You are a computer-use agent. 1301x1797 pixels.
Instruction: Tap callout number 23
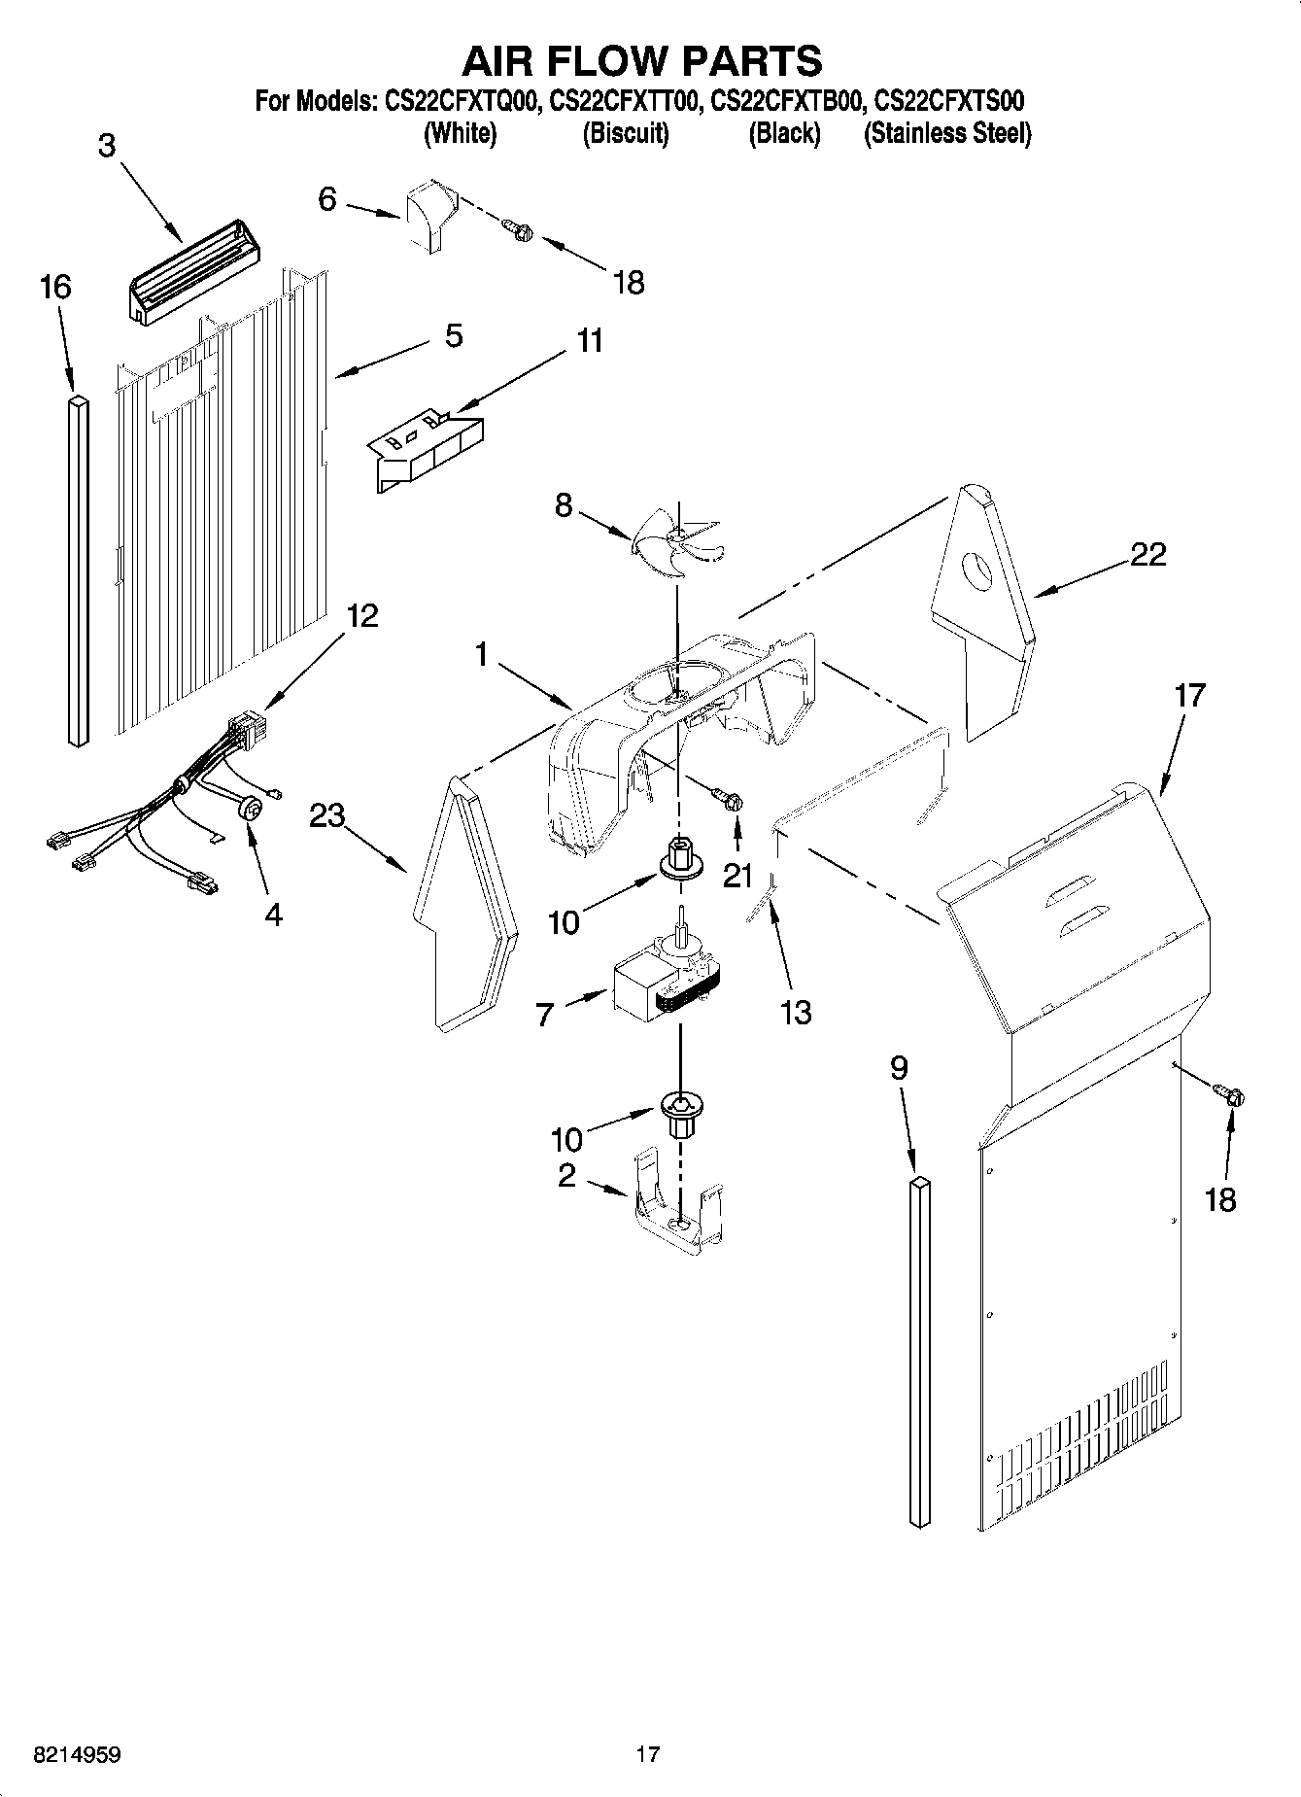pyautogui.click(x=327, y=815)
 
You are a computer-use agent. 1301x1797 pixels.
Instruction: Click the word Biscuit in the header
pyautogui.click(x=626, y=134)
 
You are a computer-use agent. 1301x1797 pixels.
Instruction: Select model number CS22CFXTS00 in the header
pyautogui.click(x=948, y=101)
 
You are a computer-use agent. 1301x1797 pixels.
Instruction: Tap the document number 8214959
pyautogui.click(x=78, y=1754)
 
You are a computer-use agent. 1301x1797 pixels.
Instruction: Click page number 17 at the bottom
pyautogui.click(x=648, y=1754)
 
